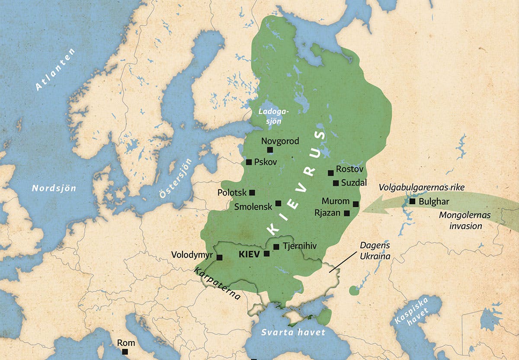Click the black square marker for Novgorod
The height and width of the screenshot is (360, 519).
point(270,150)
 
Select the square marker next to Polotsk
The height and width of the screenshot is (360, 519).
point(252,192)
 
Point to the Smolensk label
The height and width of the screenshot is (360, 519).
point(253,206)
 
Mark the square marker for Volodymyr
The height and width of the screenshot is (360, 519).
point(219,257)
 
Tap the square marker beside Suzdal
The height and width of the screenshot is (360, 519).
point(336,183)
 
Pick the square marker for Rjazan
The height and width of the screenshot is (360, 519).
point(346,213)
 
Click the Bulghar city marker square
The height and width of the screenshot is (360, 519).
point(412,201)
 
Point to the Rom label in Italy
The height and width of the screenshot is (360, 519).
point(126,343)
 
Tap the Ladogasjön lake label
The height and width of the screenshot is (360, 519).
point(273,116)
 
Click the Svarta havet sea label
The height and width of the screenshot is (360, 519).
point(293,332)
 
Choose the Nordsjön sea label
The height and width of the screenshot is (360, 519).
point(54,188)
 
